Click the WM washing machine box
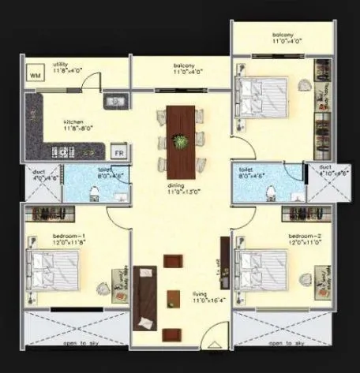point(35,75)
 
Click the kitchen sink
point(115,100)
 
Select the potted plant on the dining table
point(182,142)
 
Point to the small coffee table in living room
point(174,298)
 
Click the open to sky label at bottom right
point(287,345)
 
